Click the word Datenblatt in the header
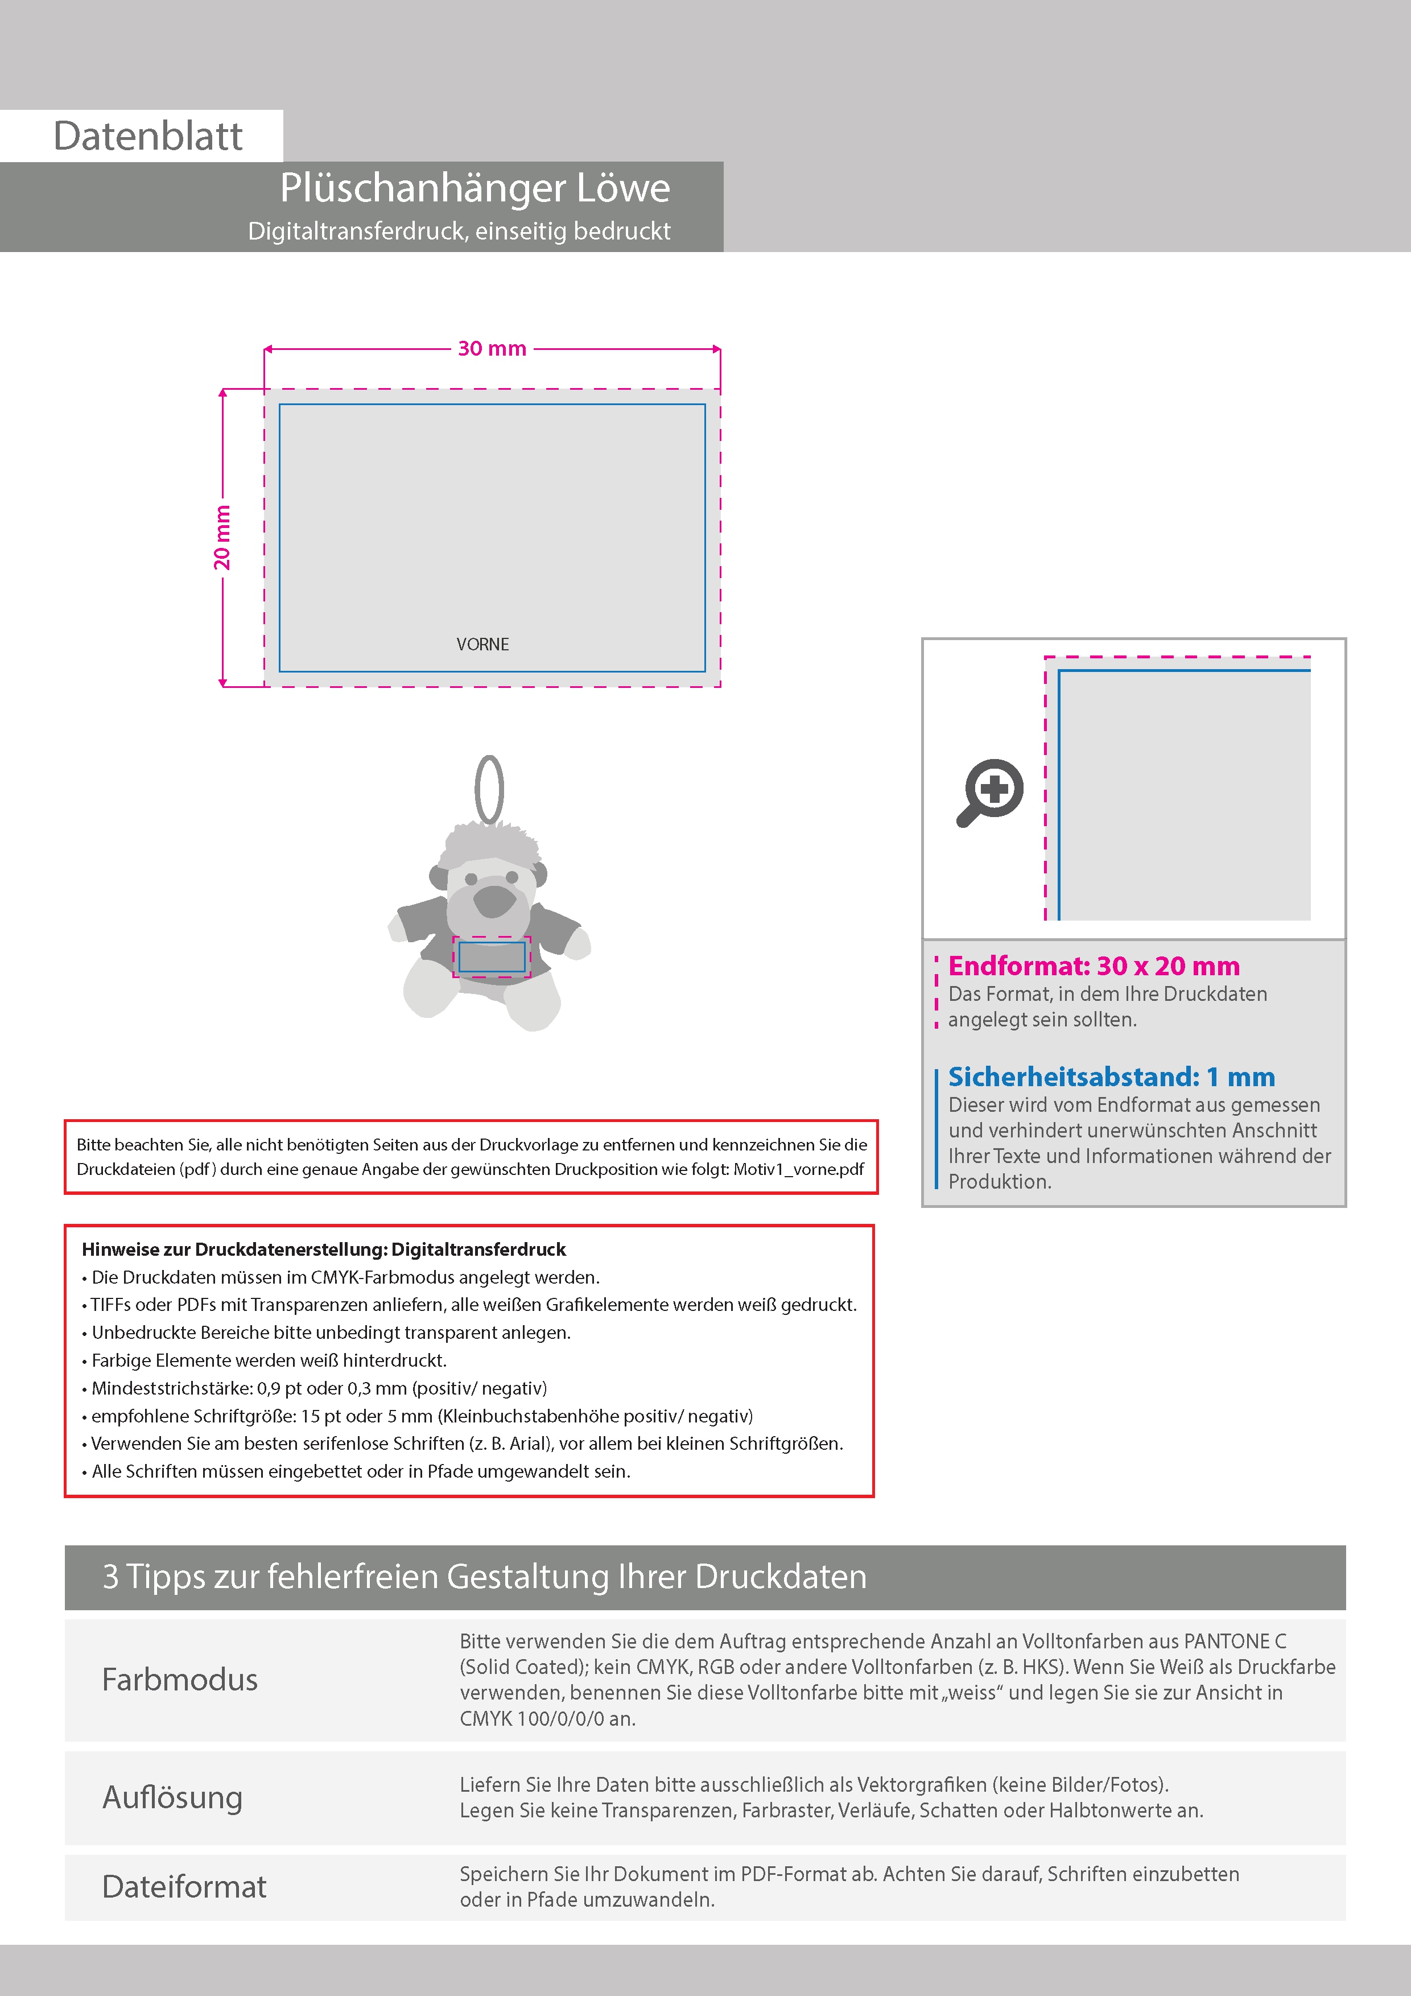pos(148,137)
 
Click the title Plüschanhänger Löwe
pos(475,188)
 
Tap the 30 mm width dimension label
pos(492,349)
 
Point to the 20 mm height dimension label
pos(222,537)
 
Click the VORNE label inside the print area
pos(482,644)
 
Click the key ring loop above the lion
pos(489,789)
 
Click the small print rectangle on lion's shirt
pos(492,956)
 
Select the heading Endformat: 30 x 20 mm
pos(1094,966)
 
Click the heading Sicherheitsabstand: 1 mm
pos(1111,1077)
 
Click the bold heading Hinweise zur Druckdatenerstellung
pos(323,1249)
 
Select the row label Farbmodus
pos(180,1680)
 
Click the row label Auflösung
pos(172,1797)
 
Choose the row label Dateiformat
pos(184,1886)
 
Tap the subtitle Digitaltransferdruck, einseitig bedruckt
pos(459,231)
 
